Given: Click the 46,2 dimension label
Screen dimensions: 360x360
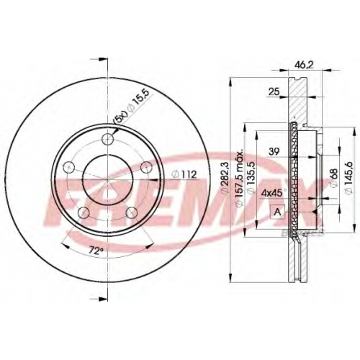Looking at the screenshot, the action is (x=304, y=65).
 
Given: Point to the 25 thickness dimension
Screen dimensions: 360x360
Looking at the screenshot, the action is (x=274, y=91).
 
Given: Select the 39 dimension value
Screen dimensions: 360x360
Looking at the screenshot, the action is (x=274, y=152).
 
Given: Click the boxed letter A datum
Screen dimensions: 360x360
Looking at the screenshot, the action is (x=277, y=212).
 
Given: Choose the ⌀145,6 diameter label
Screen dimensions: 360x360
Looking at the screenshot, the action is (x=348, y=177).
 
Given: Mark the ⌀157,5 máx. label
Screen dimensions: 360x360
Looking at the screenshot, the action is (x=240, y=178).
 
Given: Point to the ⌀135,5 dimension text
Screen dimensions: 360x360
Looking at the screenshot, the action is (x=251, y=178).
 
